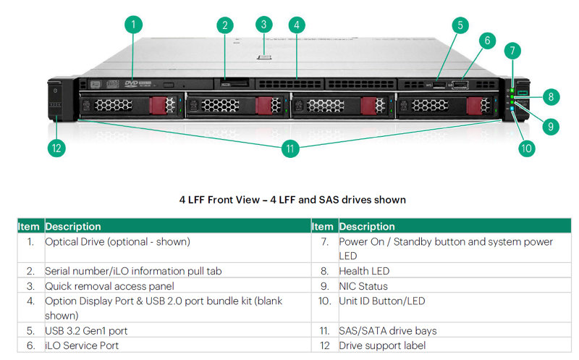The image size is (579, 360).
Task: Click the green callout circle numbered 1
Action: coord(132,25)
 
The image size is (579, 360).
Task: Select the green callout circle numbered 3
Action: coord(265,24)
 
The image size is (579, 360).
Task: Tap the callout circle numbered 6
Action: coord(487,41)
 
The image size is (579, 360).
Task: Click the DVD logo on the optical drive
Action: coord(132,84)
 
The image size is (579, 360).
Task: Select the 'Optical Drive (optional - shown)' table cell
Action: coord(118,241)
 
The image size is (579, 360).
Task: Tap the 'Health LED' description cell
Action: coord(364,271)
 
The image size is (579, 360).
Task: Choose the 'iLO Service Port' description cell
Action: coord(82,346)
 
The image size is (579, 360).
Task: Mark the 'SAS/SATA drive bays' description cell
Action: coord(388,331)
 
